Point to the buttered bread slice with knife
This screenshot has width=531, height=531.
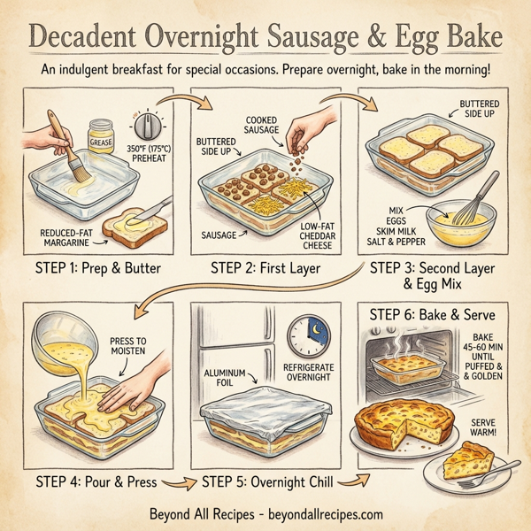pyautogui.click(x=130, y=228)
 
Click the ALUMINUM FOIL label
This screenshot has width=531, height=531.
pyautogui.click(x=229, y=380)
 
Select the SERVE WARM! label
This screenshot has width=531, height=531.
pyautogui.click(x=489, y=427)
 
